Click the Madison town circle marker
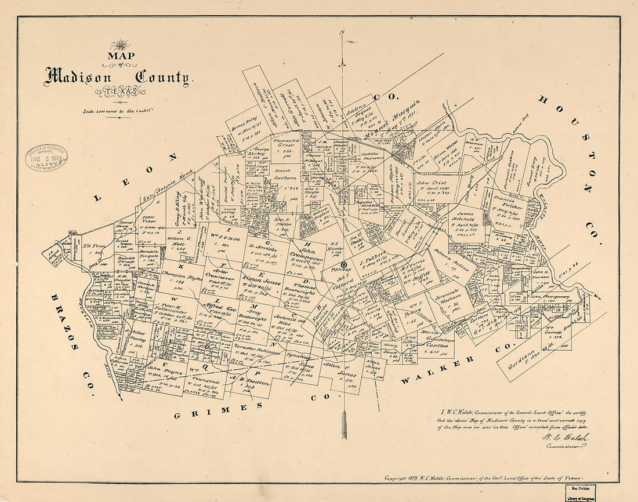(343, 264)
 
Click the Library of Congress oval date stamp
(46, 157)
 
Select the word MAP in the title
(120, 57)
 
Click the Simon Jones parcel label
(261, 282)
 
